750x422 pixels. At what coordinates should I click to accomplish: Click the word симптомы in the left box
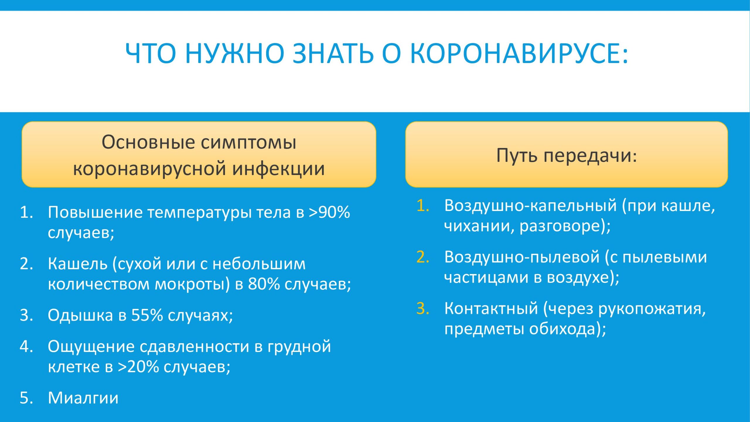[x=249, y=142]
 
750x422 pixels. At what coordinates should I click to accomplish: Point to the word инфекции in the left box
[x=279, y=169]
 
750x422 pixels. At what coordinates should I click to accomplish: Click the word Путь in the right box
[x=517, y=155]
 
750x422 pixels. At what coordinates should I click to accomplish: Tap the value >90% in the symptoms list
[x=329, y=212]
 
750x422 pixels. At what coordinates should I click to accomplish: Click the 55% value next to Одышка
[x=147, y=315]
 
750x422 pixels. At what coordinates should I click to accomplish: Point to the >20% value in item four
[x=139, y=366]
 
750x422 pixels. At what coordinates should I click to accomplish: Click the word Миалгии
[x=83, y=398]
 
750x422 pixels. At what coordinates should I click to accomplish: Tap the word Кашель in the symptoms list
[x=78, y=263]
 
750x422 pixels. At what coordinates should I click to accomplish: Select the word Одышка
[x=81, y=316]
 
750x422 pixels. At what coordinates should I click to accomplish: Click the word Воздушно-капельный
[x=531, y=206]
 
